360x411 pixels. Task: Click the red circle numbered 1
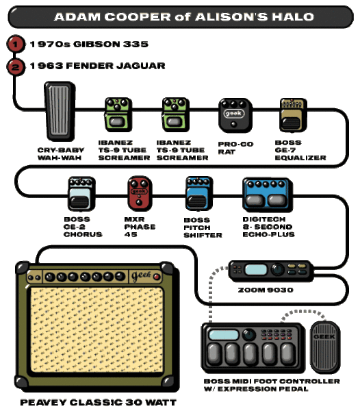pyautogui.click(x=16, y=44)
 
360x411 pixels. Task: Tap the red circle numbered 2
pyautogui.click(x=16, y=67)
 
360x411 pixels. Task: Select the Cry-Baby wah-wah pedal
pyautogui.click(x=60, y=111)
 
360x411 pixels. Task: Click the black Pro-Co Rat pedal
pyautogui.click(x=235, y=115)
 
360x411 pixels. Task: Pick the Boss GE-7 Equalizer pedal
pyautogui.click(x=293, y=115)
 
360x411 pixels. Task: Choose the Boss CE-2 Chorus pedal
pyautogui.click(x=81, y=194)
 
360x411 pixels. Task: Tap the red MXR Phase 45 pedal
pyautogui.click(x=140, y=193)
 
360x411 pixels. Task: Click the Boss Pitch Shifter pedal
pyautogui.click(x=199, y=193)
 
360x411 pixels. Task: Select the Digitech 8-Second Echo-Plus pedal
pyautogui.click(x=267, y=195)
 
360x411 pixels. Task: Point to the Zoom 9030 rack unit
pyautogui.click(x=271, y=271)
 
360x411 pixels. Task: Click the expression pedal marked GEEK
pyautogui.click(x=325, y=347)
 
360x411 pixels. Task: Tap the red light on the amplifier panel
pyautogui.click(x=157, y=277)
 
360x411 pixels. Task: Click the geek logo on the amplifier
pyautogui.click(x=142, y=275)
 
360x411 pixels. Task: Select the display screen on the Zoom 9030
pyautogui.click(x=256, y=269)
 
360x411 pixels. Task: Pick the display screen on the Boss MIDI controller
pyautogui.click(x=223, y=335)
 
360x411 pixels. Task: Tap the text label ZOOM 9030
pyautogui.click(x=266, y=290)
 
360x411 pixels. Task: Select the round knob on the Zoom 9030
pyautogui.click(x=277, y=269)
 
